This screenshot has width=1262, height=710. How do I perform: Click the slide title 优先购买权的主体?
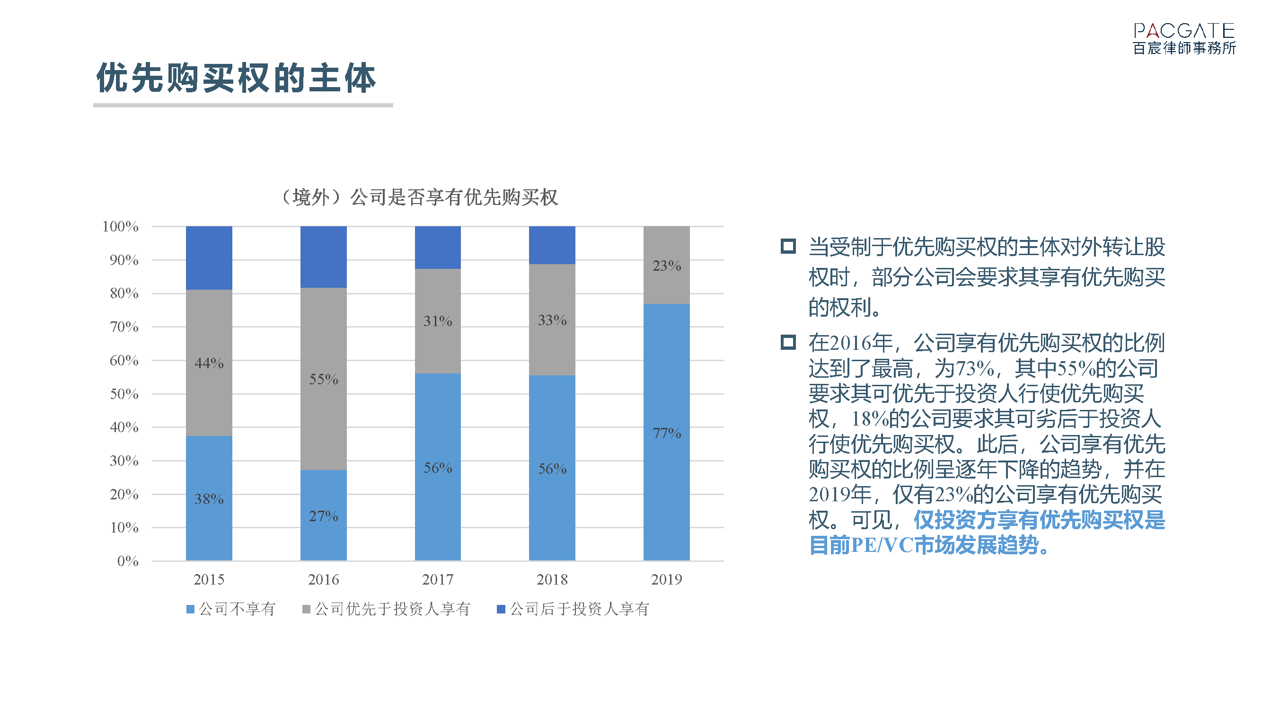coord(236,79)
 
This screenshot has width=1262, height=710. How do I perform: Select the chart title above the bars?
coord(420,197)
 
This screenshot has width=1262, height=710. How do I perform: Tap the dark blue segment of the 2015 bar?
coord(209,258)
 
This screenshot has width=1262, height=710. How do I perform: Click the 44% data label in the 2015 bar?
coord(209,363)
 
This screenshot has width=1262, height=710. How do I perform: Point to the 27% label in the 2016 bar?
coord(323,516)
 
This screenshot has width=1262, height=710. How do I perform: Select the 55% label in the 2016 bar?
coord(323,379)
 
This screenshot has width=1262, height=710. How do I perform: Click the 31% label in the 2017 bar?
coord(438,321)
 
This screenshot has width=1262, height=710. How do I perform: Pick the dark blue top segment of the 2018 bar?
coord(552,245)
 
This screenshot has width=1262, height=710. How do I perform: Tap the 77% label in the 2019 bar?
coord(666,433)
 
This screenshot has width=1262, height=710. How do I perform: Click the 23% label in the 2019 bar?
coord(666,266)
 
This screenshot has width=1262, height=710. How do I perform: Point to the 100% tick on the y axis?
coord(121,227)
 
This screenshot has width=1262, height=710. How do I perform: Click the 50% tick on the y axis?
coord(124,394)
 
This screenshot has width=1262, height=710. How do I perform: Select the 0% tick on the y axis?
coord(127,561)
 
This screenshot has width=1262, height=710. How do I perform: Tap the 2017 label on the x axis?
coord(438,580)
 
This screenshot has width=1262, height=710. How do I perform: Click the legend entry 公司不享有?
coord(231,609)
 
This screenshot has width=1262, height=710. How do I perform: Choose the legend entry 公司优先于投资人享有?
coord(387,609)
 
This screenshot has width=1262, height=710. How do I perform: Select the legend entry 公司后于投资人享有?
coord(573,609)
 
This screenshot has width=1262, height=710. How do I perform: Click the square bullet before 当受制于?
coord(788,246)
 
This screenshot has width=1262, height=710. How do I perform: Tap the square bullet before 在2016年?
coord(788,342)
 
